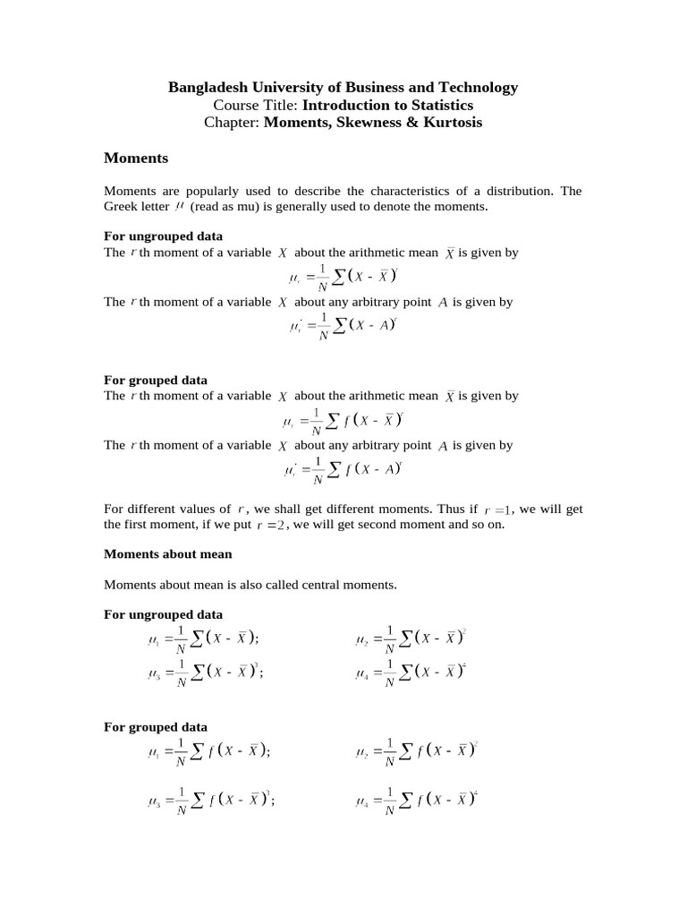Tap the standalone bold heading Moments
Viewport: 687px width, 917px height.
coord(136,158)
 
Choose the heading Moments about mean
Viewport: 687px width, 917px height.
coord(168,553)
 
